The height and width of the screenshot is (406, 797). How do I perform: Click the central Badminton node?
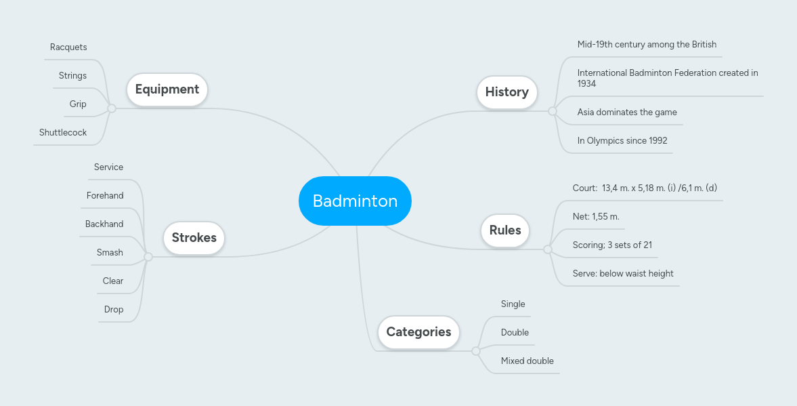[x=355, y=201]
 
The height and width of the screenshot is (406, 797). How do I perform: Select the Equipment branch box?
[x=167, y=89]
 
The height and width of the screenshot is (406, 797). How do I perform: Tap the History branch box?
[x=507, y=92]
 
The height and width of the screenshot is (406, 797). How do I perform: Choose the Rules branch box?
[x=505, y=230]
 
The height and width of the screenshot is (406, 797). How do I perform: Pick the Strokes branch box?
[x=194, y=238]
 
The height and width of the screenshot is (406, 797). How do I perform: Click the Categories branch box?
[x=418, y=332]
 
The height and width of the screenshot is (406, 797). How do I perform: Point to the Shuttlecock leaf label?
[x=63, y=133]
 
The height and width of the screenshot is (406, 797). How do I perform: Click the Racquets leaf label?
[x=68, y=47]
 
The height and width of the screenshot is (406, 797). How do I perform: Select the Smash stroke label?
[x=110, y=253]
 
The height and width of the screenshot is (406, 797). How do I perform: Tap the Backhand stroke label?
[x=104, y=224]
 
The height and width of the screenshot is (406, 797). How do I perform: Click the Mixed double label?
[x=527, y=361]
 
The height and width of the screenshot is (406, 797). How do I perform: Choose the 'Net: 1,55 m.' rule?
[x=596, y=217]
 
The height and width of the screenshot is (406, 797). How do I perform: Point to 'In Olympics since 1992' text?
[x=622, y=141]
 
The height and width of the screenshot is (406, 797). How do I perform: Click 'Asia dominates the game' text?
[x=627, y=113]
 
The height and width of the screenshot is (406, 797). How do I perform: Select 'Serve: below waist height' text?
[x=623, y=274]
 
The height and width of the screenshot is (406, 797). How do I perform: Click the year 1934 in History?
[x=587, y=84]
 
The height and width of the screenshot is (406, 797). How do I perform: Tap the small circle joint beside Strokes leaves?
[x=148, y=257]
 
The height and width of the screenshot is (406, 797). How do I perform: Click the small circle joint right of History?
[x=553, y=111]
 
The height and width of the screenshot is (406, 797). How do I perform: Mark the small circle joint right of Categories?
[x=476, y=351]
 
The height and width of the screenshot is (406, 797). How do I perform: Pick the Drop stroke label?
[x=114, y=310]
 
